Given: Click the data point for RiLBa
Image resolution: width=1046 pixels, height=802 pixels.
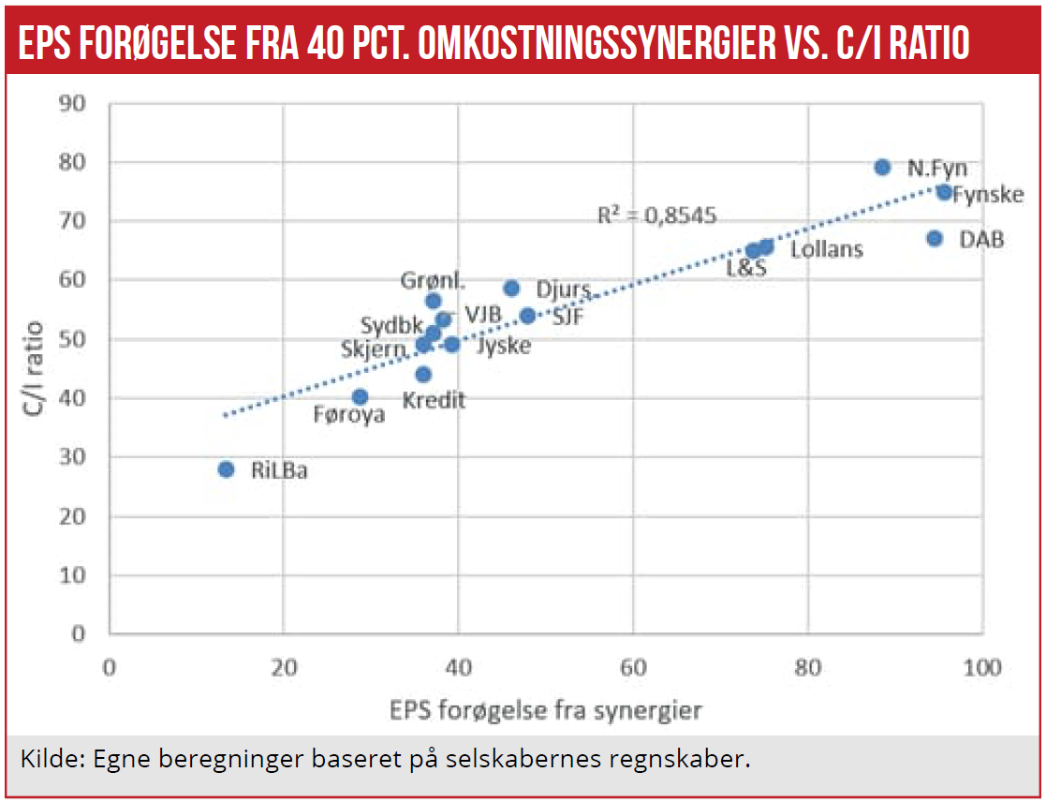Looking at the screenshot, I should [226, 469].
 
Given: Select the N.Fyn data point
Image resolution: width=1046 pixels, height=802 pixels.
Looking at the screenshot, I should [882, 167].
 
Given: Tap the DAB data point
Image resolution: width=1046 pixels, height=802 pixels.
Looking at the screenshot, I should [935, 239].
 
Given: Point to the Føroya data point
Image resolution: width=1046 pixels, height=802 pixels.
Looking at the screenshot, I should [360, 397].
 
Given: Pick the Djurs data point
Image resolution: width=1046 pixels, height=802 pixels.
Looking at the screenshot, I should [511, 289].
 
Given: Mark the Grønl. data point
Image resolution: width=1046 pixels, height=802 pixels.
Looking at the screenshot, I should [434, 301].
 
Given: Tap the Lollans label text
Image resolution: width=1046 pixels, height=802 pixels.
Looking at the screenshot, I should [827, 250].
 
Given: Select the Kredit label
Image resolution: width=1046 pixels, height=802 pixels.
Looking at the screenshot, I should [434, 401].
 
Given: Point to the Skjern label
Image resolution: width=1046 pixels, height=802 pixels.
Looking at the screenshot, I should [374, 349].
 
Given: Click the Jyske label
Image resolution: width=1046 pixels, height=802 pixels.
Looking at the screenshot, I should [503, 346].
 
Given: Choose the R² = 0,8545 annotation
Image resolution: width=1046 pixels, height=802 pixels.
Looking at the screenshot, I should [656, 216].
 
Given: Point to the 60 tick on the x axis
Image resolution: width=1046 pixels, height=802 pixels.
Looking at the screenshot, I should [633, 668].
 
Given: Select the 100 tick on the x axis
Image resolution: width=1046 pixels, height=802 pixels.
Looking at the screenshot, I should [981, 668].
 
